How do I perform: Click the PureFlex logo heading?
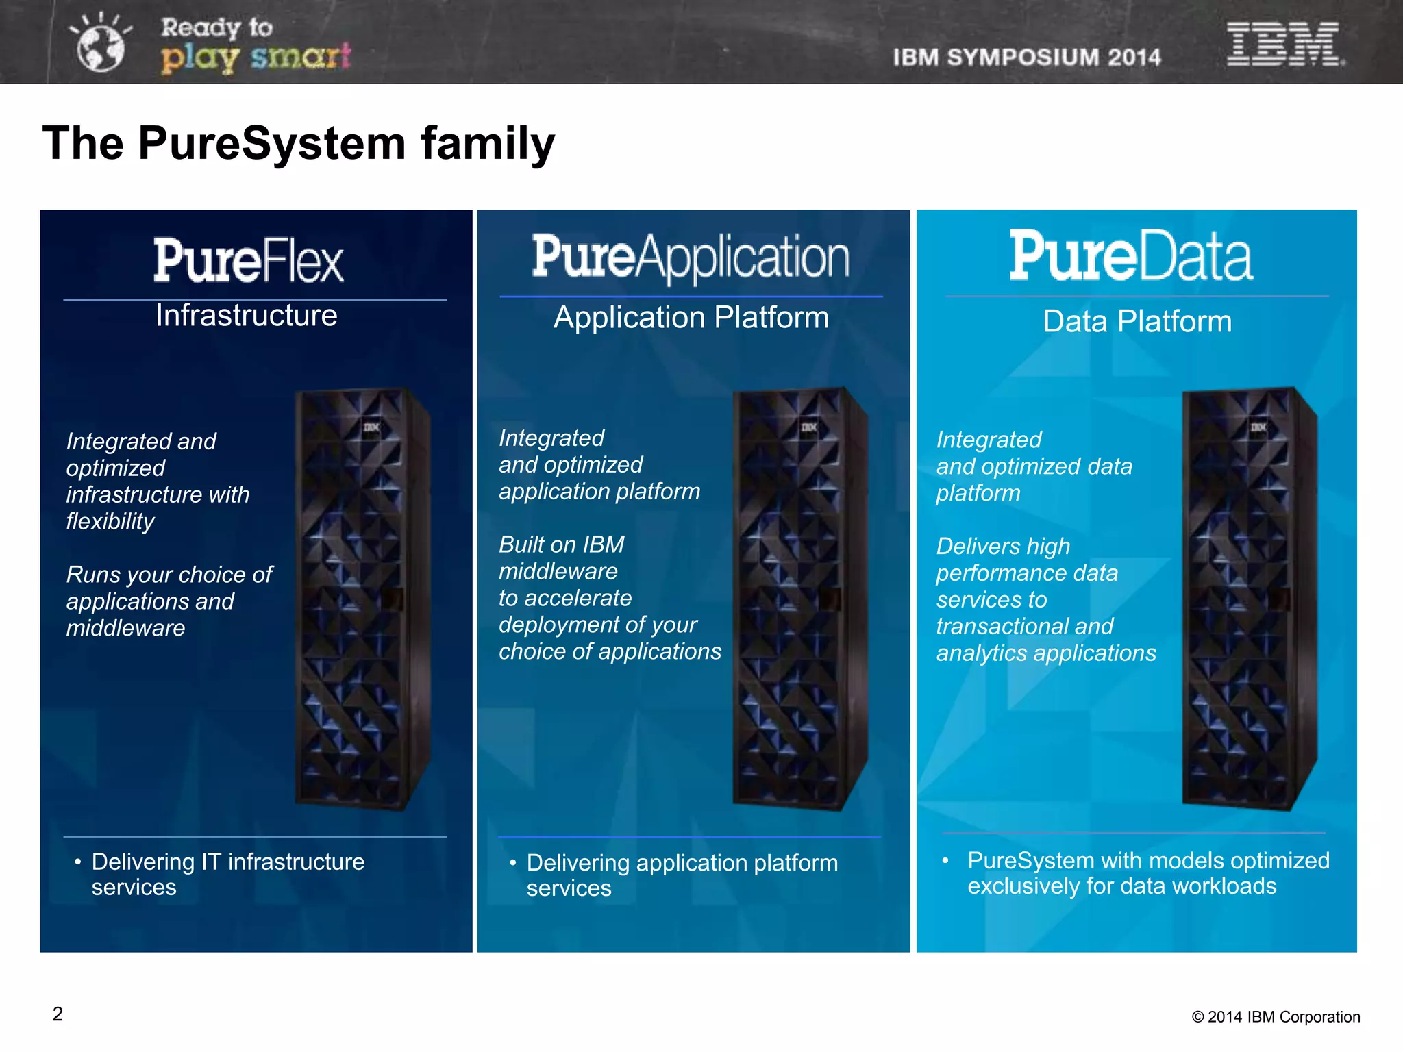click(x=248, y=260)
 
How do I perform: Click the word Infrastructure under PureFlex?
click(x=247, y=316)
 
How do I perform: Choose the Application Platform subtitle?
click(x=691, y=318)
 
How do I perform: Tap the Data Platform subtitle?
click(x=1137, y=321)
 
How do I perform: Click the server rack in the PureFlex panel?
click(x=362, y=599)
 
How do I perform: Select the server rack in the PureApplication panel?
click(x=799, y=599)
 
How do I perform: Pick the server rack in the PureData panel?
click(x=1248, y=599)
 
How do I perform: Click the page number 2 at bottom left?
click(x=58, y=1014)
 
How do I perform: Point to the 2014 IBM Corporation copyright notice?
click(x=1276, y=1017)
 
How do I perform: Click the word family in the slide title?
click(x=488, y=144)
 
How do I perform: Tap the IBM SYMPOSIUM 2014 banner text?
click(x=1027, y=58)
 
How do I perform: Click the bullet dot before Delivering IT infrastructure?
click(x=78, y=862)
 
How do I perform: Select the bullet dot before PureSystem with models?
click(x=945, y=860)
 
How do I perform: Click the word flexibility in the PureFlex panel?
click(x=110, y=522)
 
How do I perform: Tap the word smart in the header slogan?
click(x=301, y=57)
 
